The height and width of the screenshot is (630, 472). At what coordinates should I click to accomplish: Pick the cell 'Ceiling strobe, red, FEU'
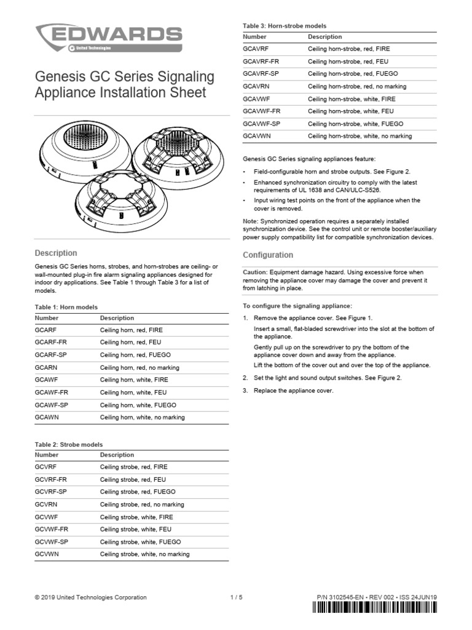coord(132,479)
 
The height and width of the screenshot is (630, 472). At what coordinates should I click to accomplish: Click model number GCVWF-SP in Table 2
coord(52,541)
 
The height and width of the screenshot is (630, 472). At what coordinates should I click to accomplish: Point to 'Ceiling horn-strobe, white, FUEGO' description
coord(355,124)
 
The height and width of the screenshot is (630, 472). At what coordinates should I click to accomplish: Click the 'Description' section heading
coord(56,253)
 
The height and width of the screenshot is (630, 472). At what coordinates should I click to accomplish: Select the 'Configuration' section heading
coord(268,255)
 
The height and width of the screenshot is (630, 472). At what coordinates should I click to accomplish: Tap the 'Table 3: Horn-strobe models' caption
coord(285,26)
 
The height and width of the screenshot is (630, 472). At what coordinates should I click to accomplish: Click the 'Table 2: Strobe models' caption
coord(69,444)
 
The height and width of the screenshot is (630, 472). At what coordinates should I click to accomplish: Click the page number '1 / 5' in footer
coord(236,597)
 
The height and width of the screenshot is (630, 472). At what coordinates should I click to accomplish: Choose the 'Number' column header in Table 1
coord(47,318)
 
